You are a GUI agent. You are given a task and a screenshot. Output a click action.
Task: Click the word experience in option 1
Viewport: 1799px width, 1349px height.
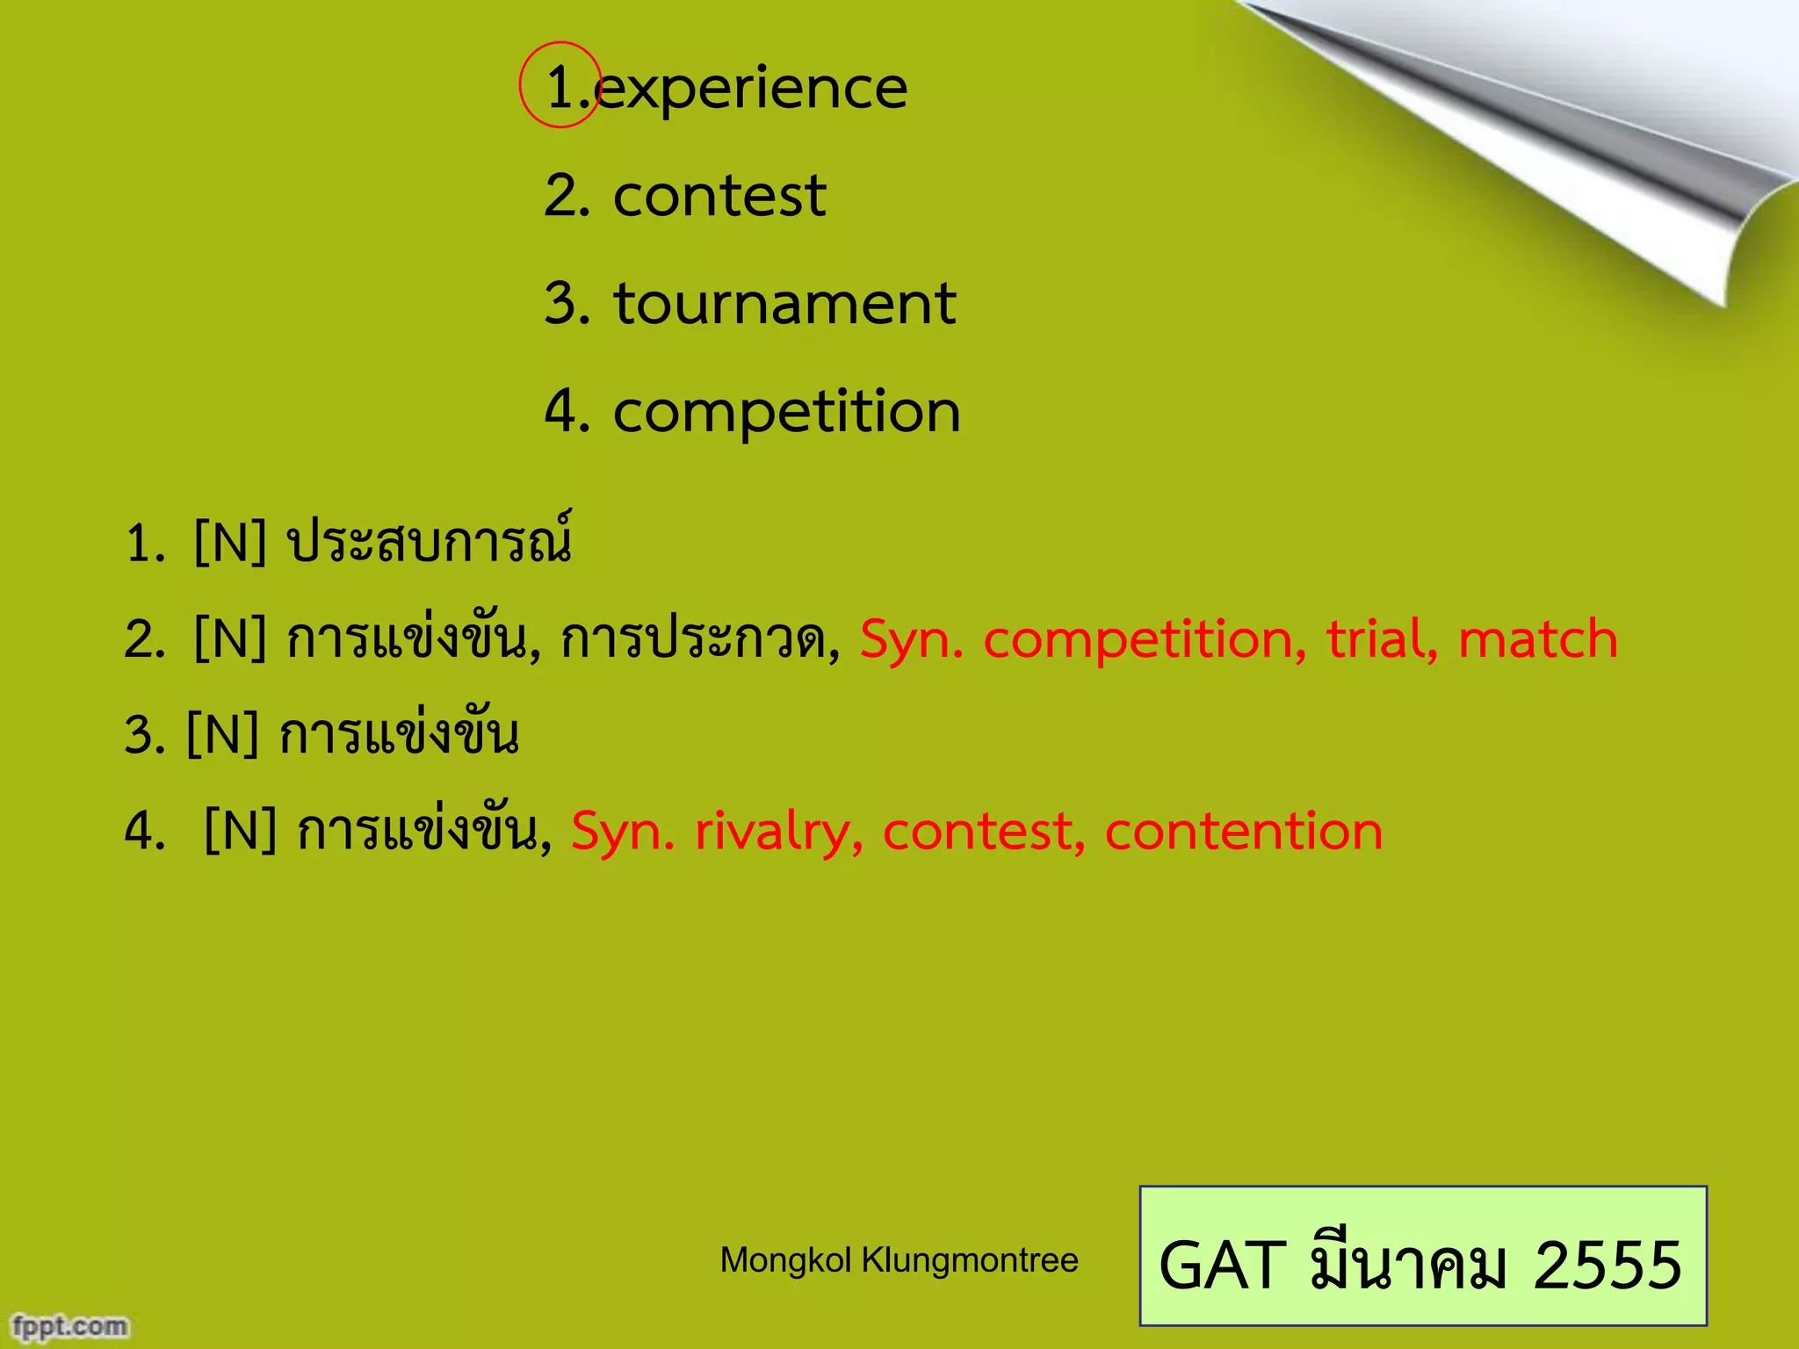point(751,89)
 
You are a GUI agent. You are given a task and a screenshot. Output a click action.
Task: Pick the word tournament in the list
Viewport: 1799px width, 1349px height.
point(784,303)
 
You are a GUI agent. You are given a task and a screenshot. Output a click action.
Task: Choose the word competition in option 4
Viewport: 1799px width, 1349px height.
point(786,411)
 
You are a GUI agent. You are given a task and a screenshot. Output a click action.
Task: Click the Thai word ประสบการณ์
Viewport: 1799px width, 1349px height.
point(430,541)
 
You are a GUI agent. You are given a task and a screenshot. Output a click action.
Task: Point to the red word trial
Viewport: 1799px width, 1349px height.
point(1380,638)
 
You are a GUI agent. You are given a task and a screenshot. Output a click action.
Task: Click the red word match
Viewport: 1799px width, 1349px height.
point(1537,638)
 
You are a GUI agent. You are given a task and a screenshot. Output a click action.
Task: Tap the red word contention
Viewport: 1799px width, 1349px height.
point(1243,831)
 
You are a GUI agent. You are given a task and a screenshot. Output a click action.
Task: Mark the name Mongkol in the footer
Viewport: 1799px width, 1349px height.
point(785,1260)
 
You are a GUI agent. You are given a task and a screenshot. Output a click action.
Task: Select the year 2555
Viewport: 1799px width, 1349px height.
point(1607,1265)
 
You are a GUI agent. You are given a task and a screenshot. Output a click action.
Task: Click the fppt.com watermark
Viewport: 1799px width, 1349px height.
point(70,1325)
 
